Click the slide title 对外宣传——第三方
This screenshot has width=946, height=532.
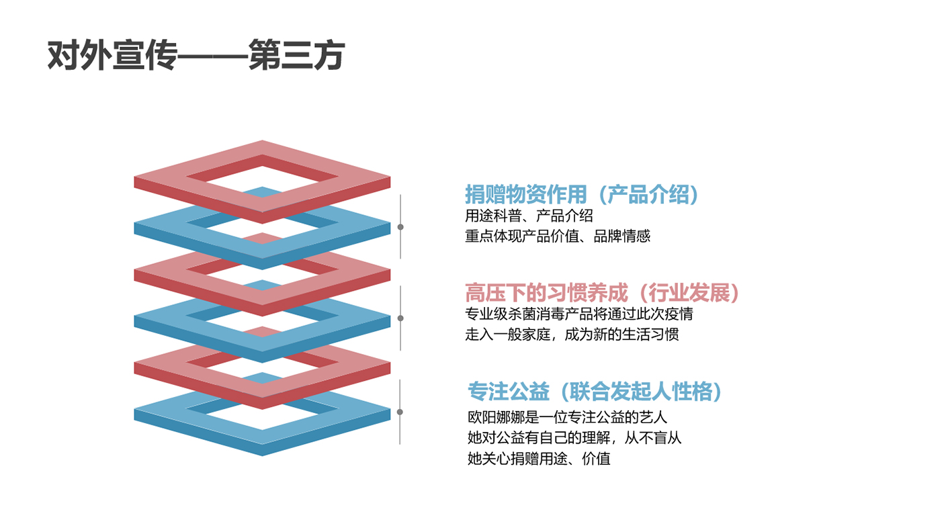pyautogui.click(x=196, y=55)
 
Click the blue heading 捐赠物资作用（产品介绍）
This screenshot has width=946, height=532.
pyautogui.click(x=582, y=195)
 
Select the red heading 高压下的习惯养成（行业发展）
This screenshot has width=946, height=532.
pyautogui.click(x=602, y=293)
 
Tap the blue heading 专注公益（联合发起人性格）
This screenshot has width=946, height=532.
pyautogui.click(x=595, y=392)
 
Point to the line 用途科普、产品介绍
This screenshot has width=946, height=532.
pyautogui.click(x=529, y=216)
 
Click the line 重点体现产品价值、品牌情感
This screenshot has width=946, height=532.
pyautogui.click(x=558, y=236)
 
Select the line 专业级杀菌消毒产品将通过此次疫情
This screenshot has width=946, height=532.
pyautogui.click(x=579, y=314)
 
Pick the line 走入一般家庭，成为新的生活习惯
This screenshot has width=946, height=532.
pyautogui.click(x=572, y=335)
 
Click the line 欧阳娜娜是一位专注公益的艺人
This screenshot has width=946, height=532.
pyautogui.click(x=567, y=418)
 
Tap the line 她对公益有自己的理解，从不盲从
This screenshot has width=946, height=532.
pyautogui.click(x=574, y=438)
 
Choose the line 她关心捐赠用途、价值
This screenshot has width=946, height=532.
pyautogui.click(x=539, y=459)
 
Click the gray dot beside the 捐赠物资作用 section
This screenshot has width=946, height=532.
pyautogui.click(x=400, y=227)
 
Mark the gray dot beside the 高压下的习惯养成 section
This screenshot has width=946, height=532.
pyautogui.click(x=400, y=318)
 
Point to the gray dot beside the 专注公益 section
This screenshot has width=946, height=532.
pyautogui.click(x=400, y=412)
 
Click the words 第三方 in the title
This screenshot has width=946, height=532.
pyautogui.click(x=297, y=55)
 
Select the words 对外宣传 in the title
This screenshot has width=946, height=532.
pyautogui.click(x=112, y=55)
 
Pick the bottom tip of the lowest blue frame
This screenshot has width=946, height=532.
pyautogui.click(x=262, y=455)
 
